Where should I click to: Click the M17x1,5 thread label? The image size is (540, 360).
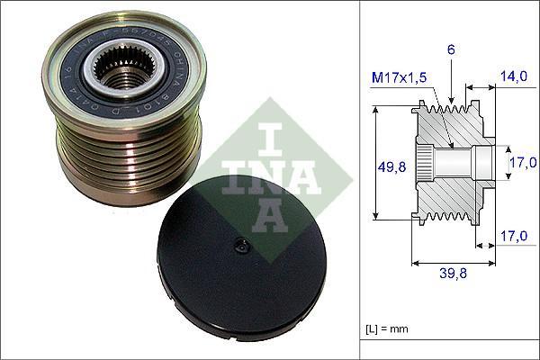tap(401, 79)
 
